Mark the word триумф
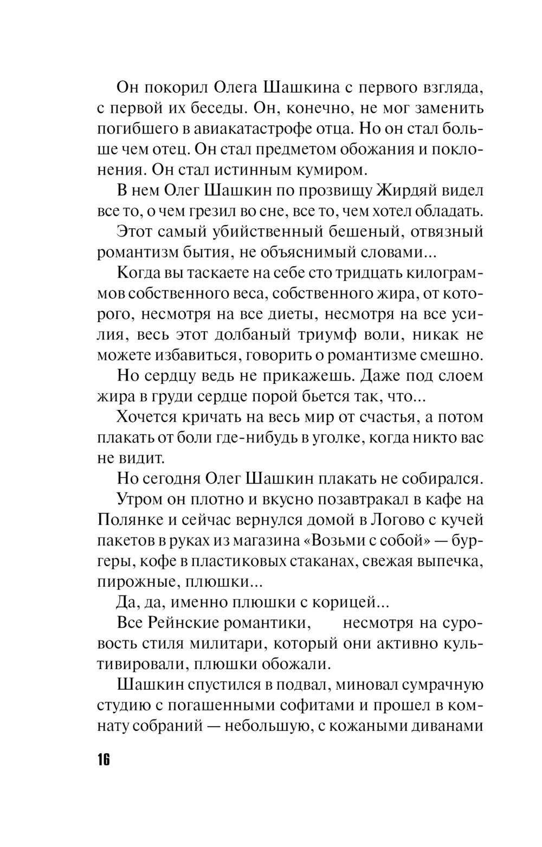click(x=324, y=334)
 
